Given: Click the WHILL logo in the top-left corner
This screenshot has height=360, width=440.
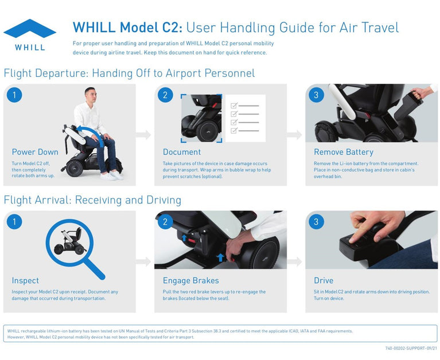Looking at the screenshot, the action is point(30,35).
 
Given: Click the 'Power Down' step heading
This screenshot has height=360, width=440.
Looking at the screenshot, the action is point(35,152).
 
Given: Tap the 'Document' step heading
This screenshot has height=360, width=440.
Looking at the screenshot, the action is point(182,152).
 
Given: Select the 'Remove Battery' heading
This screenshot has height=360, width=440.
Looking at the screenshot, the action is point(344,152).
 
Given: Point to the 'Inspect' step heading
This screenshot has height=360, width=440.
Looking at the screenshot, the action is point(25,280).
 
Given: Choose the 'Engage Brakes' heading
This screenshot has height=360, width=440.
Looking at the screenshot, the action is point(191,280).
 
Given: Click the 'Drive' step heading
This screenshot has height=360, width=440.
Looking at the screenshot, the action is point(324,280).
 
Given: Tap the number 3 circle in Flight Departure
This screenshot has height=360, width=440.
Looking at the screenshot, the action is point(316,95).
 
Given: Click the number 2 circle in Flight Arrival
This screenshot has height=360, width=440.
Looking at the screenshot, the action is point(165,222).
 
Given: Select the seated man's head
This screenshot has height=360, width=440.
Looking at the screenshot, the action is point(91,95).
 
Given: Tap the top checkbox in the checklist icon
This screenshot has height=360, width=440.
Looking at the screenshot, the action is point(234,105).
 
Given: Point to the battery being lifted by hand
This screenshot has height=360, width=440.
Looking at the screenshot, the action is point(407,107).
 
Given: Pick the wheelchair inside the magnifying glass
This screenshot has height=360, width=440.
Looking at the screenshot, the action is point(69,242).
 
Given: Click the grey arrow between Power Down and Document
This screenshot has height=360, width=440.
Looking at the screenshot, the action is point(143,135).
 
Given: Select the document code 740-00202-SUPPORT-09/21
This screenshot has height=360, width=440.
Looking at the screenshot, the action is point(411,348).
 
